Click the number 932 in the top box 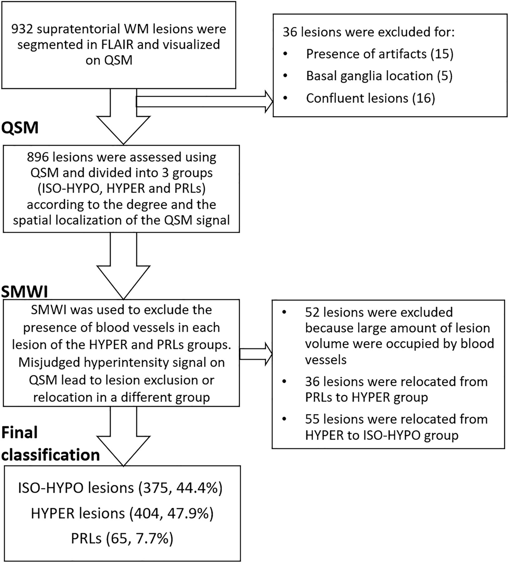22,29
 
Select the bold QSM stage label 20,128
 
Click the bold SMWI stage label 25,292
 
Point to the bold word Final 19,433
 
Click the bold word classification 51,455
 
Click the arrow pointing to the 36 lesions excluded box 204,101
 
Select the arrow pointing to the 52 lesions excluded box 256,354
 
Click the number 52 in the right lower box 313,312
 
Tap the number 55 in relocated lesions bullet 313,419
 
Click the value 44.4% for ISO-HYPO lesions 199,489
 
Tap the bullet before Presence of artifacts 285,54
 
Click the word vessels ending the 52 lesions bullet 326,360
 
